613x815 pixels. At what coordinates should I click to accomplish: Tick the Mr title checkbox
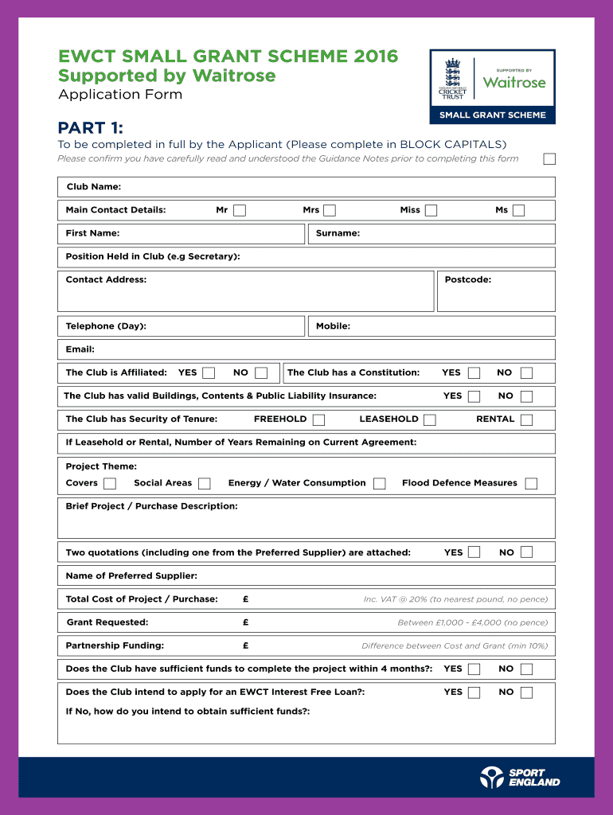point(240,210)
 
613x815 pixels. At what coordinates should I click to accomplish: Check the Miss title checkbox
point(431,210)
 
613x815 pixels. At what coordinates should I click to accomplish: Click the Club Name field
point(334,187)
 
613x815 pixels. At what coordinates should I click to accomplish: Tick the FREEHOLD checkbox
point(318,419)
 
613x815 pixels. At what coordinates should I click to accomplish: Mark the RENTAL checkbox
point(526,419)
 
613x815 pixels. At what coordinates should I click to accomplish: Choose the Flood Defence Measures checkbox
point(531,483)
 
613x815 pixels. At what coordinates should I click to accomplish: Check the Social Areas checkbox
point(205,483)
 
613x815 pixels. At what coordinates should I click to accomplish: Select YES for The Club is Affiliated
point(209,372)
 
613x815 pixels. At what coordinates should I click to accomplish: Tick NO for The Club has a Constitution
point(526,372)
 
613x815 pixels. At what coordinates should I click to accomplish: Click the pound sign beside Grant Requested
point(246,622)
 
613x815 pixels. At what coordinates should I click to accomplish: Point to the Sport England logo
point(520,777)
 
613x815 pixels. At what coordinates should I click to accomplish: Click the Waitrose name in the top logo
point(514,83)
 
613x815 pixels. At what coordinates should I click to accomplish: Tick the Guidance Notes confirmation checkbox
point(549,158)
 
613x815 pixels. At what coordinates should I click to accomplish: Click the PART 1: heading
point(90,128)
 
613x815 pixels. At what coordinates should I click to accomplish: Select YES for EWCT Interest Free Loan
point(474,692)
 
